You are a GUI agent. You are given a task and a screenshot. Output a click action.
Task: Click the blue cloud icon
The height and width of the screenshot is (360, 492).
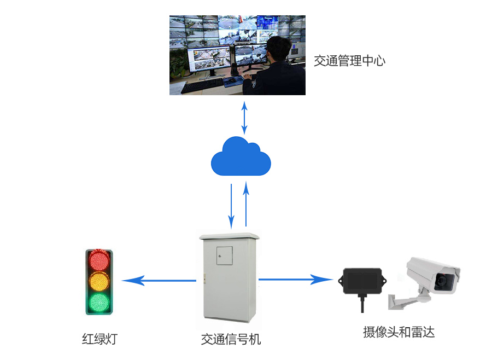[x=241, y=156]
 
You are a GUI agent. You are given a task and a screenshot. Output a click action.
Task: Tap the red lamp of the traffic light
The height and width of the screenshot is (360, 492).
[x=99, y=260]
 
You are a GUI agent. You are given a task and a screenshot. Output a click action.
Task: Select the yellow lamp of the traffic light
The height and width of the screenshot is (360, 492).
[x=99, y=281]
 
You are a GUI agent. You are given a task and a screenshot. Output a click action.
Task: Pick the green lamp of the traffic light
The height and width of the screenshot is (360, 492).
[x=99, y=302]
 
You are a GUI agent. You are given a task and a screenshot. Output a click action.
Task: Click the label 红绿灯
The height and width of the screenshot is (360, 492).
[x=100, y=339]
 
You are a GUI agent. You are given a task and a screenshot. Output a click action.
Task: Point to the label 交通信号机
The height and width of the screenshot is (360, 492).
[x=231, y=339]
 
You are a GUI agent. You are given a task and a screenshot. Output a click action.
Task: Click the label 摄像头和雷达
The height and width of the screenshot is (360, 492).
[x=399, y=332]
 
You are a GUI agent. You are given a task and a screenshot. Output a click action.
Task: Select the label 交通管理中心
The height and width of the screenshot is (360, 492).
[x=349, y=61]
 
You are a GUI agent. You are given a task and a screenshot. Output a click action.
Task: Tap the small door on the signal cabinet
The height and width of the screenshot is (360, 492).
[x=224, y=256]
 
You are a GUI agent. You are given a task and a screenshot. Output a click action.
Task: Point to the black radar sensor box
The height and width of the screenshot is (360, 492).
[x=362, y=281]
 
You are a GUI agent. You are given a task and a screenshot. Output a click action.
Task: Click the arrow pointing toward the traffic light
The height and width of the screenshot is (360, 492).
[x=159, y=281]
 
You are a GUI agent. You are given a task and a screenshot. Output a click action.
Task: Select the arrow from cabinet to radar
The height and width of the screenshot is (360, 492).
[x=296, y=279]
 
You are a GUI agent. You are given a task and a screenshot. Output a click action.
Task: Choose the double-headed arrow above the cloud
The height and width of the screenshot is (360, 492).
[x=244, y=118]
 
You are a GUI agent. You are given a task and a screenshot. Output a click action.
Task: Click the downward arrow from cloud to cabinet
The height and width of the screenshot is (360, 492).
[x=231, y=206]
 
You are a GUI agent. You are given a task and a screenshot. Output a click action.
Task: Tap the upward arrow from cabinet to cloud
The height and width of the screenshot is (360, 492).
[x=246, y=204]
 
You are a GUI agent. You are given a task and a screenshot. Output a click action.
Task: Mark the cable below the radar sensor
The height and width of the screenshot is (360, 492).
[x=362, y=303]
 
